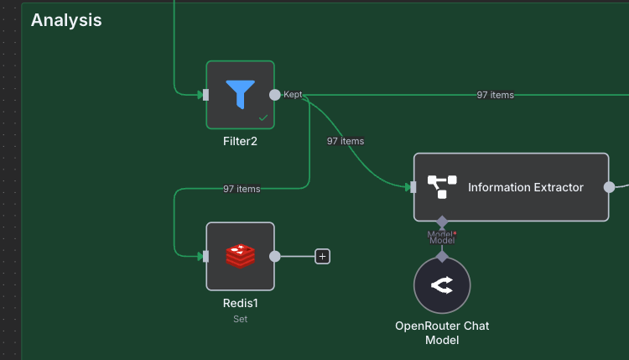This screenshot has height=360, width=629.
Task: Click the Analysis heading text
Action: click(66, 20)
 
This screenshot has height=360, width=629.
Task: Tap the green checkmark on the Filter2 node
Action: click(263, 118)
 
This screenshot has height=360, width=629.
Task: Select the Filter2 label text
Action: click(240, 141)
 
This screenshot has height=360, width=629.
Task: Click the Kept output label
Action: click(293, 95)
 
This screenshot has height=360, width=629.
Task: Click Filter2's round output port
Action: click(274, 95)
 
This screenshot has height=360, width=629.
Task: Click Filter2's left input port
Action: click(205, 95)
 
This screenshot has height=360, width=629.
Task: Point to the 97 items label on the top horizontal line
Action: click(495, 95)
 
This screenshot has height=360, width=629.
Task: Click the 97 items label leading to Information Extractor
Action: click(346, 141)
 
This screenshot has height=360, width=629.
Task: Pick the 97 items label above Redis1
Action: click(242, 189)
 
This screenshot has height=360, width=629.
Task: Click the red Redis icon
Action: click(240, 256)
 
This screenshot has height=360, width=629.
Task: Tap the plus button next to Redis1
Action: click(322, 256)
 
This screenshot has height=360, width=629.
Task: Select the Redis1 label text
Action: click(240, 303)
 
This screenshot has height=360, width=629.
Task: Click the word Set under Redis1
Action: click(240, 319)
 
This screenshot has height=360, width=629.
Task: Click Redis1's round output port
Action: click(274, 256)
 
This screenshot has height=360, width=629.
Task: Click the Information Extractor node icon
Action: click(441, 187)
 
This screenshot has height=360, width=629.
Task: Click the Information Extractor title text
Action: click(525, 187)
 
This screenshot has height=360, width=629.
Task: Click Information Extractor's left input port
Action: click(413, 187)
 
